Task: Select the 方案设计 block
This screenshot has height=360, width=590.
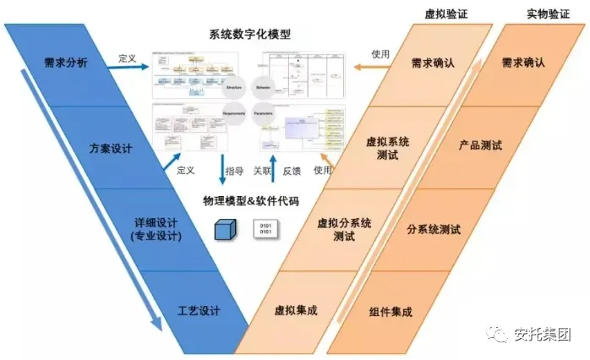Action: pyautogui.click(x=111, y=149)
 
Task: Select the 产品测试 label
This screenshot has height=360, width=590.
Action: pyautogui.click(x=479, y=145)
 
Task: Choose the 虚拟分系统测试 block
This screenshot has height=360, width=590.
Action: pyautogui.click(x=344, y=229)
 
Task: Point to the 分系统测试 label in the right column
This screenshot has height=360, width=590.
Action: pyautogui.click(x=434, y=229)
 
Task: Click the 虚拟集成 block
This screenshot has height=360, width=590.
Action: pyautogui.click(x=296, y=311)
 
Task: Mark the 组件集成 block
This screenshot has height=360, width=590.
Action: pyautogui.click(x=391, y=311)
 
